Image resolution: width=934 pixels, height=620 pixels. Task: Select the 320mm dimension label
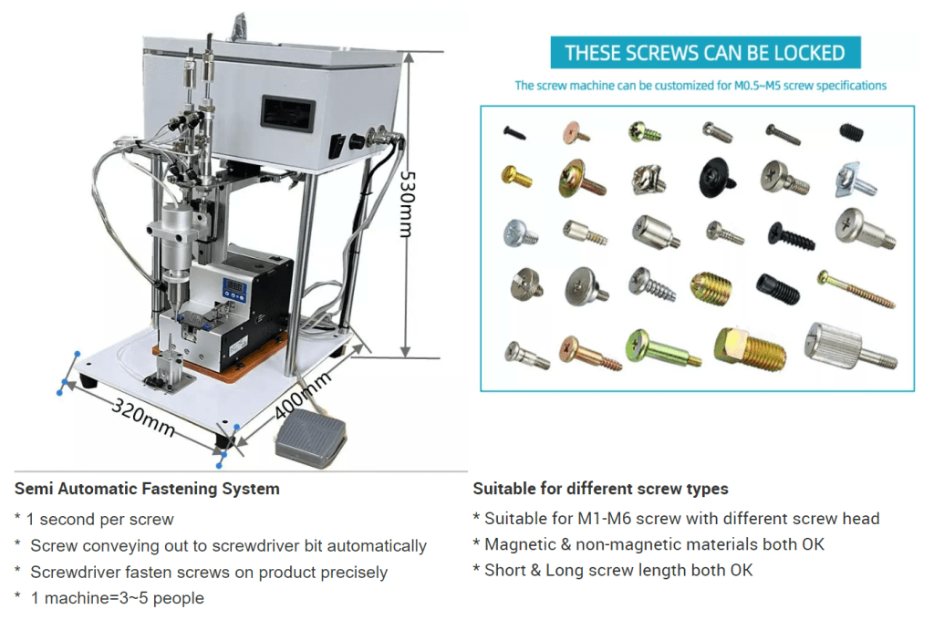[144, 414]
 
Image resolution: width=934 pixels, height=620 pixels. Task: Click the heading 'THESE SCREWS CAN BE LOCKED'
[705, 53]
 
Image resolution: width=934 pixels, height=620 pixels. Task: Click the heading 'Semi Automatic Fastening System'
[147, 489]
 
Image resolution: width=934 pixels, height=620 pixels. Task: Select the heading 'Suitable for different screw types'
[600, 489]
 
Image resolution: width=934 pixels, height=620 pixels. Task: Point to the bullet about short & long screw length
[613, 571]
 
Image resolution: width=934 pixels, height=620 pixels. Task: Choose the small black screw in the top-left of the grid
[514, 132]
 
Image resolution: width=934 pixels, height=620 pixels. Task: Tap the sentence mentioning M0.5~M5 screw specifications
[700, 85]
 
